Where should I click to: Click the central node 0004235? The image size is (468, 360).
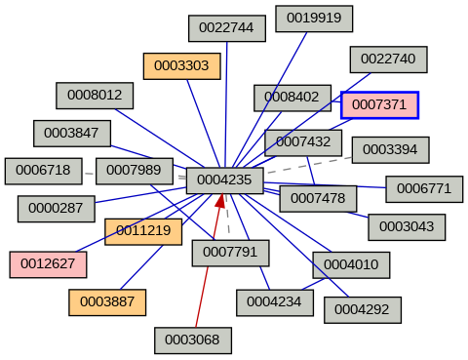pos(224,180)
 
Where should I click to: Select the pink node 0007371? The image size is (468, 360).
pos(379,104)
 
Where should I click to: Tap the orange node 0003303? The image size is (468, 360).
pos(181,66)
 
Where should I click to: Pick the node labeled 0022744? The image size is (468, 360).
pos(226,28)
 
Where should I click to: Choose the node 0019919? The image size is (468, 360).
pos(313,18)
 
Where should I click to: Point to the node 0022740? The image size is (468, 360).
pos(388,60)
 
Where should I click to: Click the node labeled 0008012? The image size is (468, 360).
pos(95,96)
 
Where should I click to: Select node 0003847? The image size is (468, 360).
pos(72,133)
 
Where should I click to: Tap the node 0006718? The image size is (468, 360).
pos(43,171)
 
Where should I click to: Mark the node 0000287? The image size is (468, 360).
pos(56,208)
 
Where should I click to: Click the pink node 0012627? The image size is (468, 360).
pos(48,263)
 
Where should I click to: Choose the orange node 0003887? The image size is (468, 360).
pos(106,302)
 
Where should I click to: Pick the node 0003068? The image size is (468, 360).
pos(192,340)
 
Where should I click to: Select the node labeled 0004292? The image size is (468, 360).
pos(362,309)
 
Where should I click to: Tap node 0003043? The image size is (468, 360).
pos(406,227)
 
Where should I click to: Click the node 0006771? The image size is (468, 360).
pos(424,188)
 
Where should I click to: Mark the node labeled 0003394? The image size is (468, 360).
pos(390,150)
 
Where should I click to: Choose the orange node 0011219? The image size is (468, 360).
pos(143,232)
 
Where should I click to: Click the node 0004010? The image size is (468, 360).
pos(351,264)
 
